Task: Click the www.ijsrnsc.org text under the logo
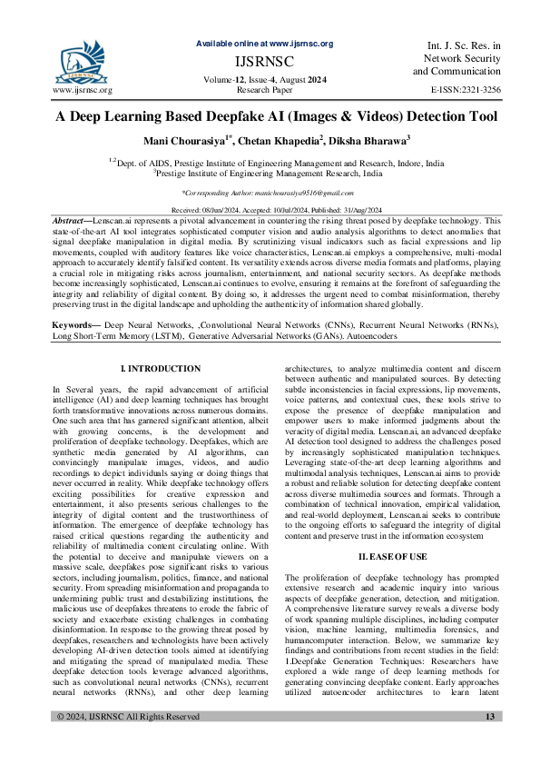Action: [83, 91]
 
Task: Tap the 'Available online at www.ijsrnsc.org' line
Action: [264, 44]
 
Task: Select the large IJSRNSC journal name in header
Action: [264, 62]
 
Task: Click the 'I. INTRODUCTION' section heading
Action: [161, 368]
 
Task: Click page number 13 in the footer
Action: [490, 742]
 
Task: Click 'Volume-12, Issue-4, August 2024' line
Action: [264, 80]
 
